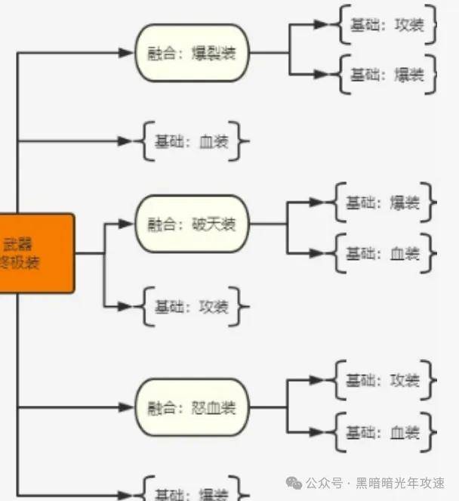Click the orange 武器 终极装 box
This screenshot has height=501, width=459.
click(34, 253)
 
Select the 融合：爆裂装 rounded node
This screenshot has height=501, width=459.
click(192, 53)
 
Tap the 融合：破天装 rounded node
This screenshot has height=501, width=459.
click(192, 224)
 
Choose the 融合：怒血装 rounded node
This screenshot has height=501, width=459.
click(192, 408)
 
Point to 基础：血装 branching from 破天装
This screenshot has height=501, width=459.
click(383, 254)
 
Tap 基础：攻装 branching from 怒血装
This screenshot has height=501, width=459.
click(383, 381)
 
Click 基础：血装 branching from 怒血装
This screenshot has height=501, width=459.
click(383, 432)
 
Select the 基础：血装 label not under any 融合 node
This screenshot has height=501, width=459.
click(191, 141)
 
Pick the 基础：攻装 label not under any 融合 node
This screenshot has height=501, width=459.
click(191, 307)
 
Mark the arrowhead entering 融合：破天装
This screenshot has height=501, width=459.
click(125, 224)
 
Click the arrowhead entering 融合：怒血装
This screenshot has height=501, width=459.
click(125, 408)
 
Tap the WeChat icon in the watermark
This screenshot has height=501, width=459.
click(294, 483)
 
